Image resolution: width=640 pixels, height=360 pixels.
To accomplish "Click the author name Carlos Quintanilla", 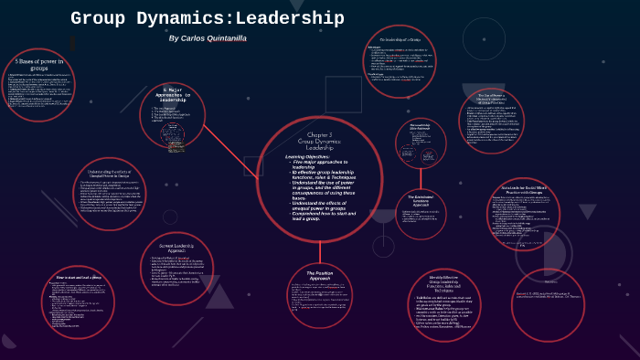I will point(208,38).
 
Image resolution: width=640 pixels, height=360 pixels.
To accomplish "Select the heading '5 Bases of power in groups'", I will point(38,64).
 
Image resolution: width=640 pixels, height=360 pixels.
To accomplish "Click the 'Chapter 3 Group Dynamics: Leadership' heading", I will point(320,141).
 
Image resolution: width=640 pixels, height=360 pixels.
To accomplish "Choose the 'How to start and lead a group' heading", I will point(79,277).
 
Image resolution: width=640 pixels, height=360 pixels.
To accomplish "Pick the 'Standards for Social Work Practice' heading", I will point(523,190).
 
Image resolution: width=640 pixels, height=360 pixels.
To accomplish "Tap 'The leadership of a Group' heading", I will point(400,40).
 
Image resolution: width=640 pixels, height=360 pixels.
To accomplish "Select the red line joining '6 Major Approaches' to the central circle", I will point(229,145).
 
